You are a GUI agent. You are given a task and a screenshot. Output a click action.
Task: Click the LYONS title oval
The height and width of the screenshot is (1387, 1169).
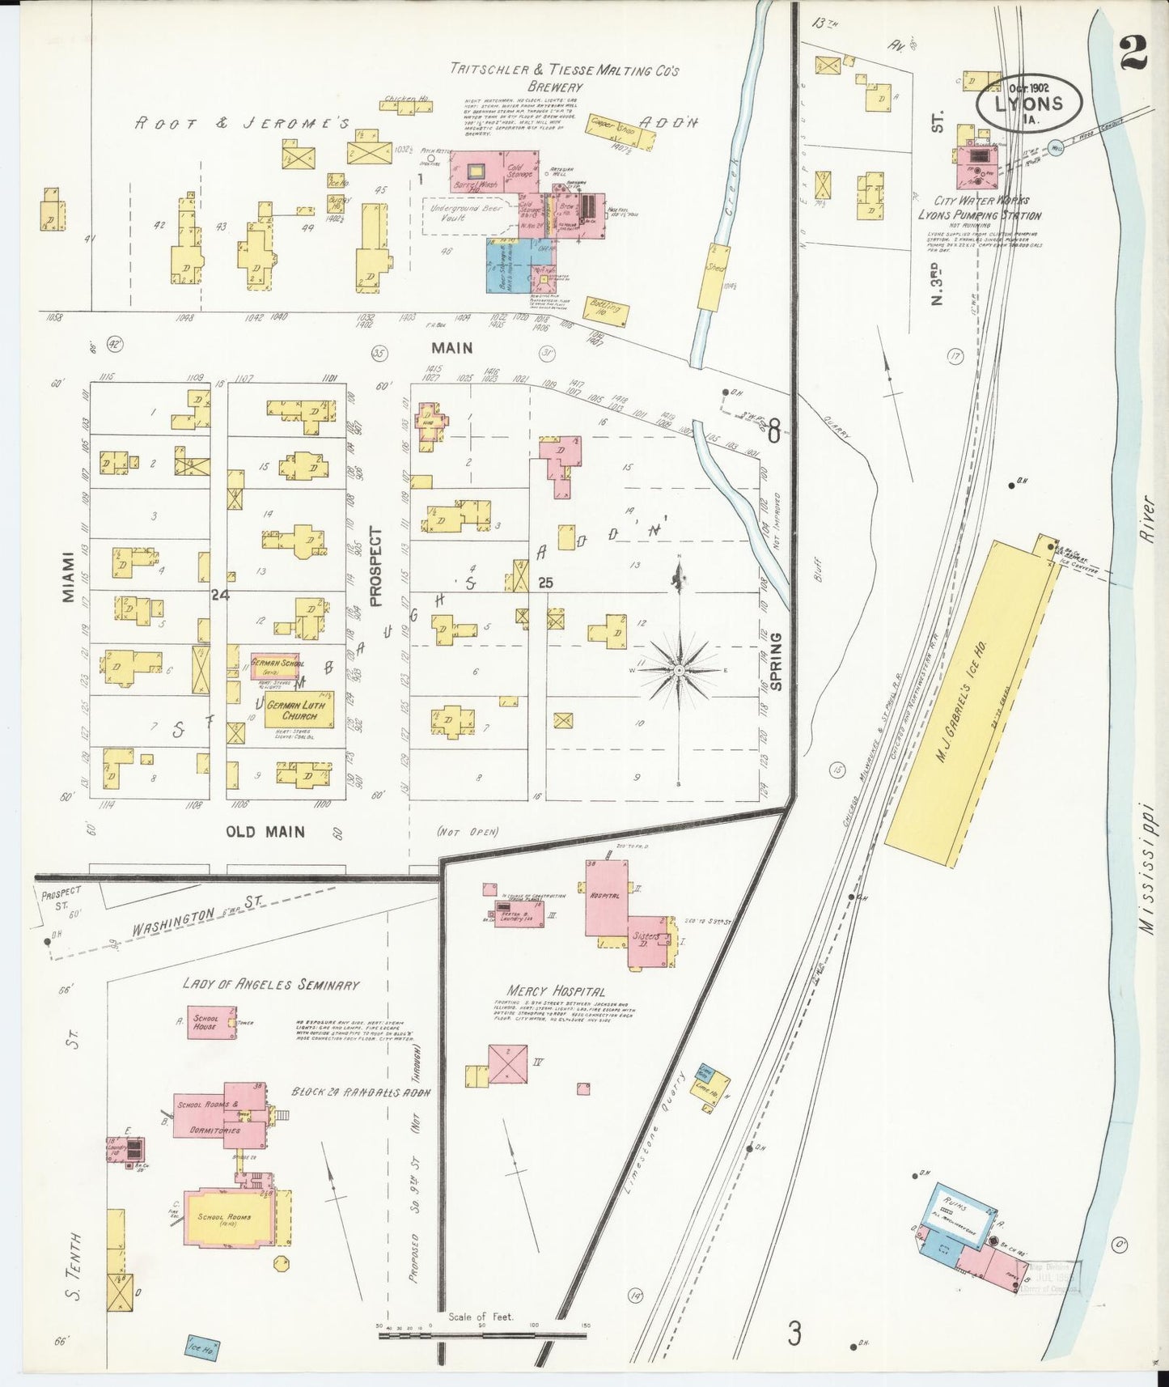[x=1029, y=104]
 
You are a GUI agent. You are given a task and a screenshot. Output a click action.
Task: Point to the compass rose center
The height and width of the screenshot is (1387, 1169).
[x=680, y=671]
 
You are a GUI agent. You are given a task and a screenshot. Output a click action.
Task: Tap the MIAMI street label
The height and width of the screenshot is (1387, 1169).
[x=68, y=577]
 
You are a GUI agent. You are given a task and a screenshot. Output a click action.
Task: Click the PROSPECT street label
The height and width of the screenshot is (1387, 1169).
[x=375, y=566]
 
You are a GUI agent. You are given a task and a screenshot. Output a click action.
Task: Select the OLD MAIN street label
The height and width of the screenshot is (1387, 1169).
[x=265, y=831]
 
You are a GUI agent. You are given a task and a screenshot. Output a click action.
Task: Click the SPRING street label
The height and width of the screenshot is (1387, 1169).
[x=776, y=661]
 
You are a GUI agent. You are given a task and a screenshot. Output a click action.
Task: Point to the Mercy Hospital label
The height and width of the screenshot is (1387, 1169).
[x=555, y=990]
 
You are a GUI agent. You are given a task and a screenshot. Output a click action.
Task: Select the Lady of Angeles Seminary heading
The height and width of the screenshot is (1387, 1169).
[x=270, y=985]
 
